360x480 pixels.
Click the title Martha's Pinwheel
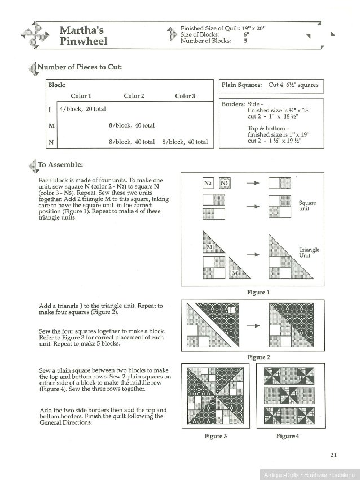(83, 35)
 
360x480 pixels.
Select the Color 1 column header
(81, 96)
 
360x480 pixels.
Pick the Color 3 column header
(185, 96)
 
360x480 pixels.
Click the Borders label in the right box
(234, 104)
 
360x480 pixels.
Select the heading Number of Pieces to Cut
(80, 68)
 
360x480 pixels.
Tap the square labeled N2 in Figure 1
(208, 183)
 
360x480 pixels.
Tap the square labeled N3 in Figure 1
(224, 183)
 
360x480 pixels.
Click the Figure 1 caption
(258, 293)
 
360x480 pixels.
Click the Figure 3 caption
(216, 436)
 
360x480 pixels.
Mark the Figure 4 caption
(288, 436)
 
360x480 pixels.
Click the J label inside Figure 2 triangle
(231, 310)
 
